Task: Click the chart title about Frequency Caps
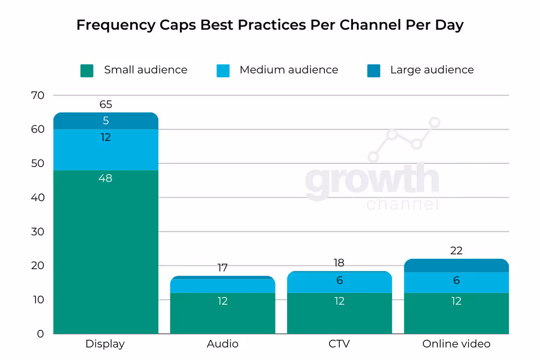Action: coord(270,25)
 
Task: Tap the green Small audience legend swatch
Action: coord(87,71)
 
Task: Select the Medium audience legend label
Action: coord(288,70)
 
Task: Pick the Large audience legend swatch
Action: coord(373,71)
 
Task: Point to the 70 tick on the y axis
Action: coord(38,95)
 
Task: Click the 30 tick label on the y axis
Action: coord(38,231)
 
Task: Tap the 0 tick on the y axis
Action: coord(40,334)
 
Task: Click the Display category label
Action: coord(105,344)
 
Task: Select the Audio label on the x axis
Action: coord(222,344)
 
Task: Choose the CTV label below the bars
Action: coord(339,344)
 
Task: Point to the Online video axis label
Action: coord(456,344)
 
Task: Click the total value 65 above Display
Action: coord(106,104)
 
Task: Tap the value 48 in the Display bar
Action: coord(106,178)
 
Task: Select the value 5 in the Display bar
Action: coord(106,121)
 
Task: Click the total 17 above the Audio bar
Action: coord(222,268)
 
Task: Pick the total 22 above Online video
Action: coord(456,251)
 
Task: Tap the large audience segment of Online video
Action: coord(456,265)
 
